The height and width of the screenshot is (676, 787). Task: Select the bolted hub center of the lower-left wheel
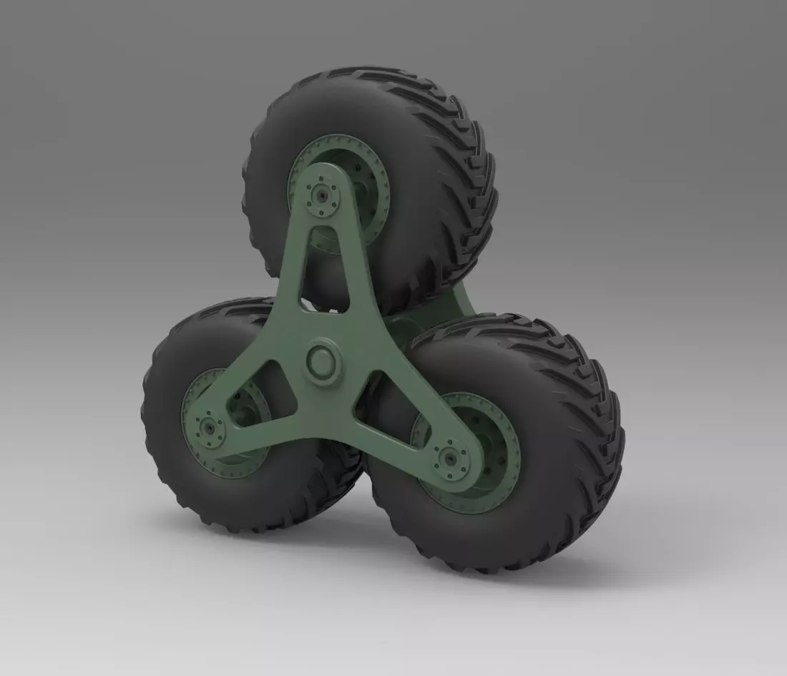(x=210, y=428)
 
